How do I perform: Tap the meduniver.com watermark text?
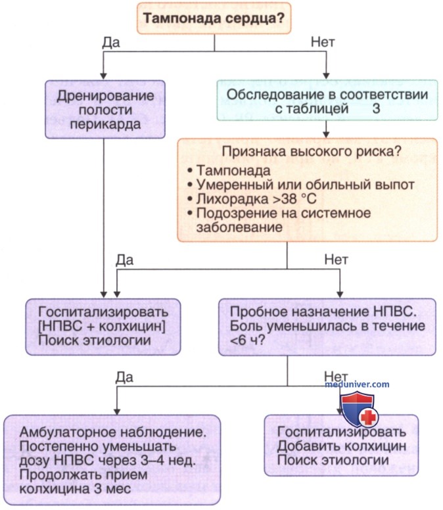[357, 384]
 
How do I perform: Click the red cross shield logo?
[358, 408]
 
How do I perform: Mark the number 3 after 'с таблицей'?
[376, 110]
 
